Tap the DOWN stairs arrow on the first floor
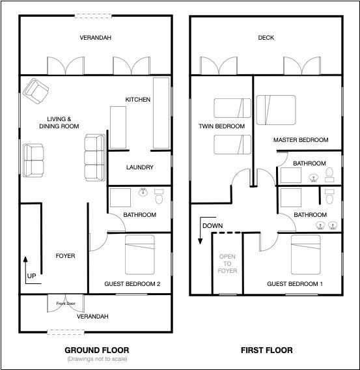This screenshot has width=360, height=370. pos(200,230)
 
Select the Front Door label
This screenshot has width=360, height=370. pos(66,303)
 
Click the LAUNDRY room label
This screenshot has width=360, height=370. pos(140,167)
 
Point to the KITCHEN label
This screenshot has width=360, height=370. pos(137,100)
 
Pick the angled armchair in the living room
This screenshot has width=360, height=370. pos(36,91)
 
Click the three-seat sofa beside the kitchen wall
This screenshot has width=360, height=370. pos(95,158)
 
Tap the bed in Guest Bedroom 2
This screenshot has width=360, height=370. pos(140,255)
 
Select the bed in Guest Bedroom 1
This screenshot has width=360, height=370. pos(306,255)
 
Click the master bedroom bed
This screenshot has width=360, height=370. pos(276,110)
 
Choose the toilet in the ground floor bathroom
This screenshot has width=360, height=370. pos(159,197)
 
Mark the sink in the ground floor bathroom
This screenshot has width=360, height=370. pos(143,192)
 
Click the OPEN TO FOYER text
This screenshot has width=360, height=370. pos(227,264)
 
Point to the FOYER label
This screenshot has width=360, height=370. pos(65,256)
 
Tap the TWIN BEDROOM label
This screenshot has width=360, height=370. pos(221,126)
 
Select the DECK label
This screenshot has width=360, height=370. pos(266,38)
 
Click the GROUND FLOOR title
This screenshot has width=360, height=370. pos(97,350)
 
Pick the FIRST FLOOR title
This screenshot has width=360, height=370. pos(267,350)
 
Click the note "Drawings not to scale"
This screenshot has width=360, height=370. pos(97,359)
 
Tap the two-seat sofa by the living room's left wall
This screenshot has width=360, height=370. pos(33,160)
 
